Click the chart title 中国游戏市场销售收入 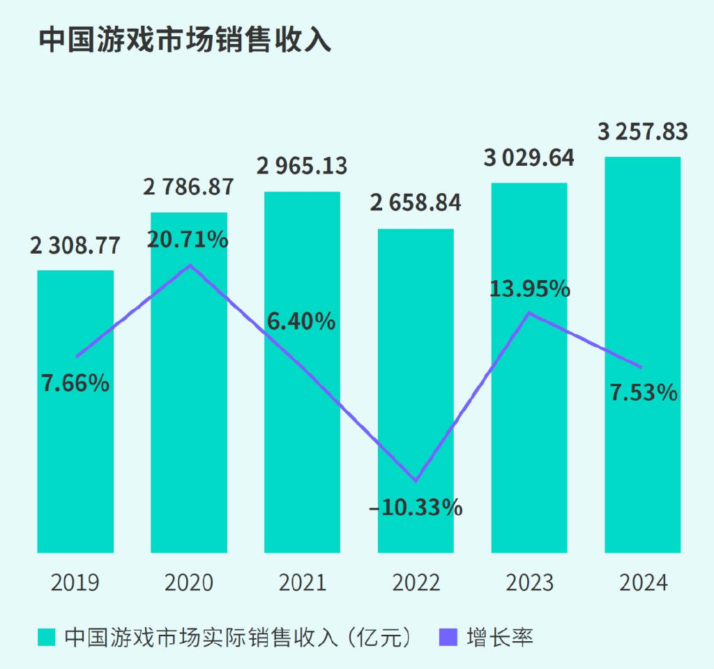[184, 40]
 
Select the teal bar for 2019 [75, 453]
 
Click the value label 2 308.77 [75, 246]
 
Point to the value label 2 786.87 [188, 188]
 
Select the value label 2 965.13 [302, 167]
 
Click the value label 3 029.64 [529, 158]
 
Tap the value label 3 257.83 [643, 132]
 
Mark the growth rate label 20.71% [188, 240]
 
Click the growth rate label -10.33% [416, 507]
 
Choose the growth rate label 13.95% [529, 289]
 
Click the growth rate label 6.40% [301, 321]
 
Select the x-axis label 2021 [303, 583]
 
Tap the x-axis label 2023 [530, 583]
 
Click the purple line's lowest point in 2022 [416, 481]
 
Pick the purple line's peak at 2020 [190, 265]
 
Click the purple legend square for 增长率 [448, 637]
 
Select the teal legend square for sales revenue [46, 637]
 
